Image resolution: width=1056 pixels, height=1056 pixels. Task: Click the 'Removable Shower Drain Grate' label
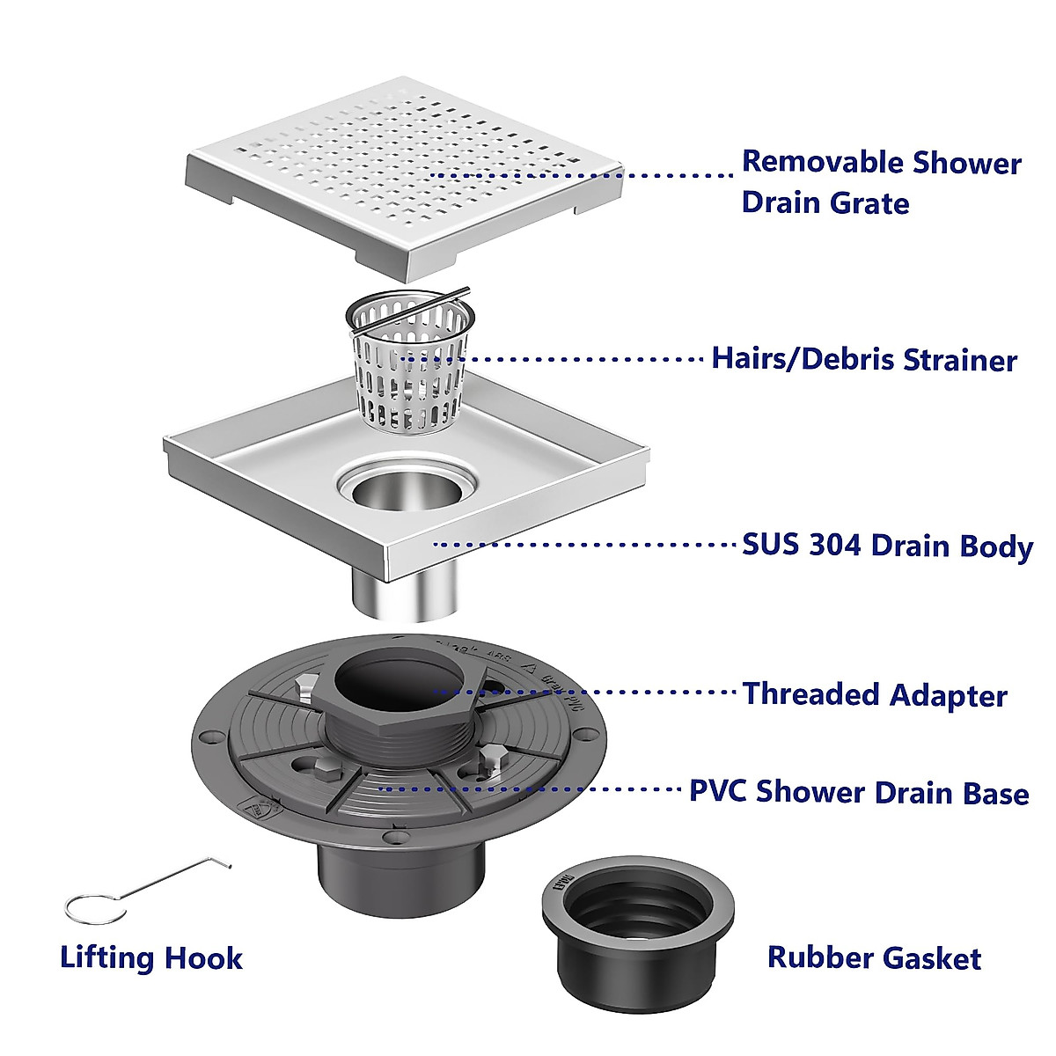[880, 182]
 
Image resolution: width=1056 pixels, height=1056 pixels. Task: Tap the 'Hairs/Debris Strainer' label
[863, 359]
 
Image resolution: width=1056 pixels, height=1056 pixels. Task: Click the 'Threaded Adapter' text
[875, 694]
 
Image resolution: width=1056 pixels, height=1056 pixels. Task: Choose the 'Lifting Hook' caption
[151, 957]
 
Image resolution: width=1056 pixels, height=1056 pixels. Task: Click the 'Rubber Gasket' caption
[874, 957]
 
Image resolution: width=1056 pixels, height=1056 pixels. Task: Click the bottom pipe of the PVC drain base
[400, 871]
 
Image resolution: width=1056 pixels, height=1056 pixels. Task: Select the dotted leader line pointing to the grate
[581, 175]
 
